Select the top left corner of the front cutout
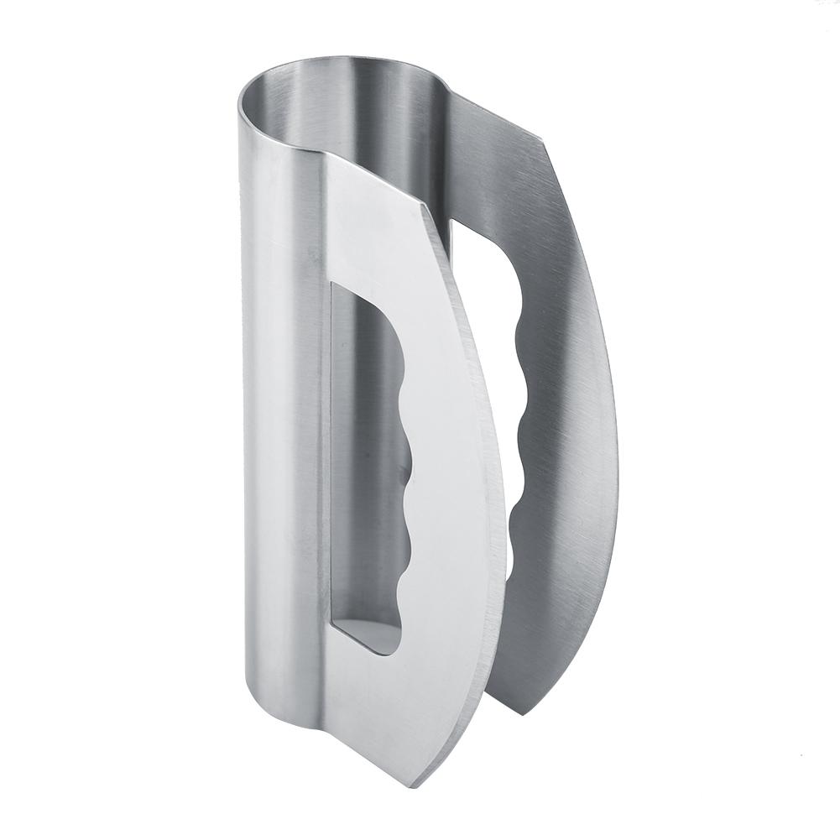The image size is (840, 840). point(333,284)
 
